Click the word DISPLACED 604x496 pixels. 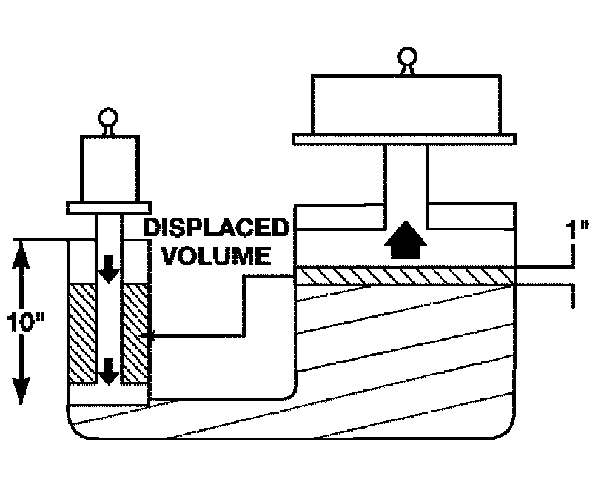[x=215, y=227]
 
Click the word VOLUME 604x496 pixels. [x=216, y=255]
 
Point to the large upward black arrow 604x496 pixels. [x=405, y=241]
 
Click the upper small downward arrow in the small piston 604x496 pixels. [x=110, y=270]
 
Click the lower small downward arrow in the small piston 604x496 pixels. [x=110, y=370]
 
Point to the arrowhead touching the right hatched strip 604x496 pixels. [x=150, y=337]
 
